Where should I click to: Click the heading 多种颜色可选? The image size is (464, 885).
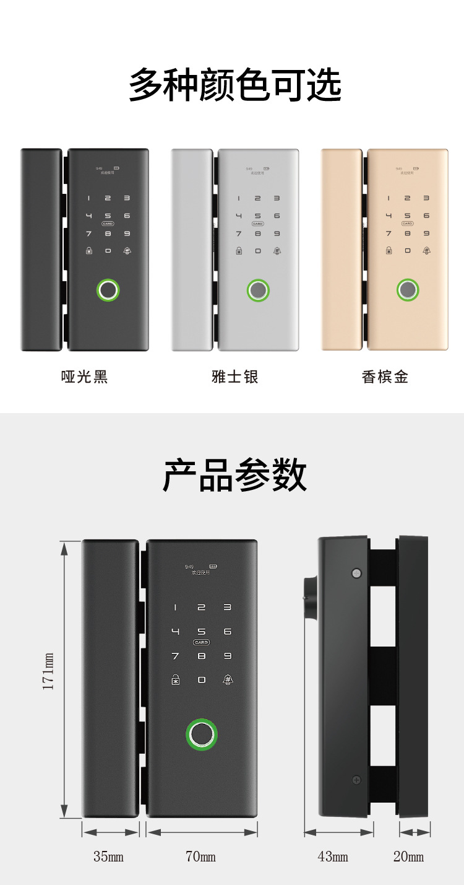coord(234,85)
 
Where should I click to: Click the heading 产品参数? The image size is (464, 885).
coord(234,475)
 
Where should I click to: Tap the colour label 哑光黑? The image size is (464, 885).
coord(85,377)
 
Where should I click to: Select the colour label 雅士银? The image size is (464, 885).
coord(234,377)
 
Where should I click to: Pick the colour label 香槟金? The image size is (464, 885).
coord(385,377)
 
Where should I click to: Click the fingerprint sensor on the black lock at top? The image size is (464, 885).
coord(108,290)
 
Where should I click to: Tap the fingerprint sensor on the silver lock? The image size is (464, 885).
coord(258,290)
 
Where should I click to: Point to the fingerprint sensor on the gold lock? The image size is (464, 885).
coord(408,290)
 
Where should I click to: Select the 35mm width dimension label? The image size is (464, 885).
coord(108,857)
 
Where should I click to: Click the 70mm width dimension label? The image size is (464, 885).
coord(201,857)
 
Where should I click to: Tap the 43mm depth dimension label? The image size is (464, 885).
coord(333,857)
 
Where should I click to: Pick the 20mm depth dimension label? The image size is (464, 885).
coord(408,857)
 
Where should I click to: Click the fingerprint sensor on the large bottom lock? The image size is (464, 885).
coord(202,735)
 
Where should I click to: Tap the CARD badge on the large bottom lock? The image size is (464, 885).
coord(201,642)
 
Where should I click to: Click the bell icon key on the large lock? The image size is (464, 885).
coord(228,679)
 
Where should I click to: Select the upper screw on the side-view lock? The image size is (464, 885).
coord(356,573)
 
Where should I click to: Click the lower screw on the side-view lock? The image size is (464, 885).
coord(356,779)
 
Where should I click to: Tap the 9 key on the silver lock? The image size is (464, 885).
coord(277,233)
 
